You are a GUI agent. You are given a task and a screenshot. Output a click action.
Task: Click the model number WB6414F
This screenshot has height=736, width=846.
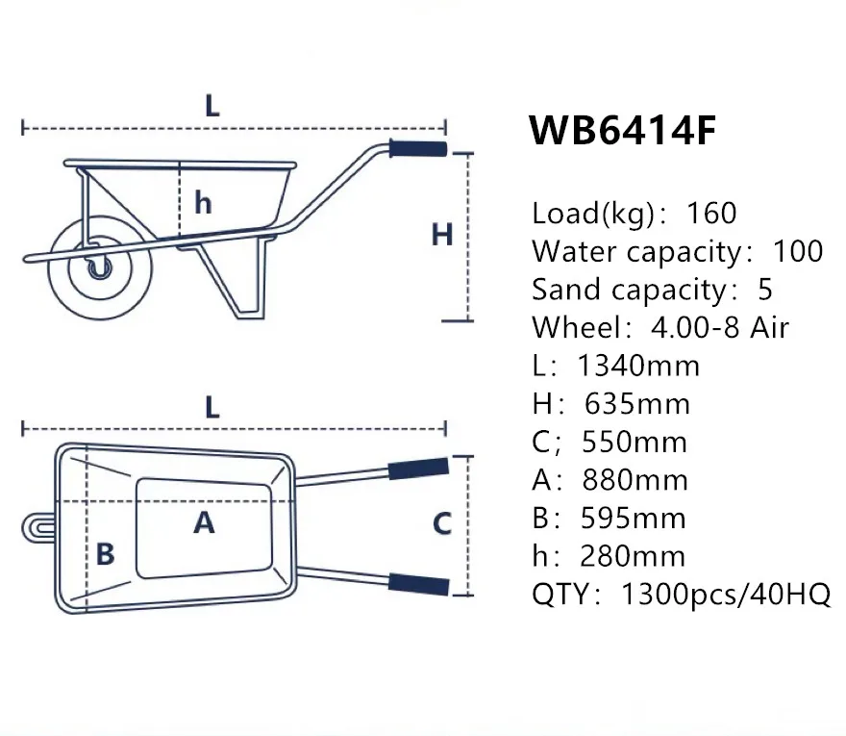(x=623, y=131)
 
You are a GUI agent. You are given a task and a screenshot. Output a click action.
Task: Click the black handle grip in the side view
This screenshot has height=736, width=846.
(x=417, y=149)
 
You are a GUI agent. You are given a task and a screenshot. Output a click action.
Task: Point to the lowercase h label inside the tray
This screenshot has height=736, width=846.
(x=203, y=203)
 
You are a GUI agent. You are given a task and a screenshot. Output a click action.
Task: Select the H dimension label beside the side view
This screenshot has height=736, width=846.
(x=441, y=235)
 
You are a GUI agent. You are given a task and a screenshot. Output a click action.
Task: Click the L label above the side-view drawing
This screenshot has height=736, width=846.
(x=211, y=105)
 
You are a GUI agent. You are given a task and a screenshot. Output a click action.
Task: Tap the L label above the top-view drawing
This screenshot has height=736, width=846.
(x=211, y=407)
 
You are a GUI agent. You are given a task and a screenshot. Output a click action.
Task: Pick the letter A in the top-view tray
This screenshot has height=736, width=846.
(x=204, y=523)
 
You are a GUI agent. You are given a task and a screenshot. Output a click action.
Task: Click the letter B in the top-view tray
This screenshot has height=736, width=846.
(x=105, y=554)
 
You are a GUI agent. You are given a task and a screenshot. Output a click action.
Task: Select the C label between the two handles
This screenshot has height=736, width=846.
(x=441, y=524)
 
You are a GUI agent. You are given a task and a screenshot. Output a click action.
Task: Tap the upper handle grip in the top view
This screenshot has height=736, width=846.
(x=417, y=469)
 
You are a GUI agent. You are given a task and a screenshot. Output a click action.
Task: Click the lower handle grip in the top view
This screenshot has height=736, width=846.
(x=418, y=583)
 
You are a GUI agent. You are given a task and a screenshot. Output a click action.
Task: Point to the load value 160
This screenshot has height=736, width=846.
(x=711, y=213)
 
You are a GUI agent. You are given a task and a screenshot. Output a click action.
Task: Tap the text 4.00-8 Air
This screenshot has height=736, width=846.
(x=719, y=327)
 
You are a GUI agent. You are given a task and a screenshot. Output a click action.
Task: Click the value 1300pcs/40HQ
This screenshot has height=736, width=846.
(x=726, y=595)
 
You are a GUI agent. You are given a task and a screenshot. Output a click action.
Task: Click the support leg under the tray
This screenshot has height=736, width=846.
(x=240, y=279)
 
